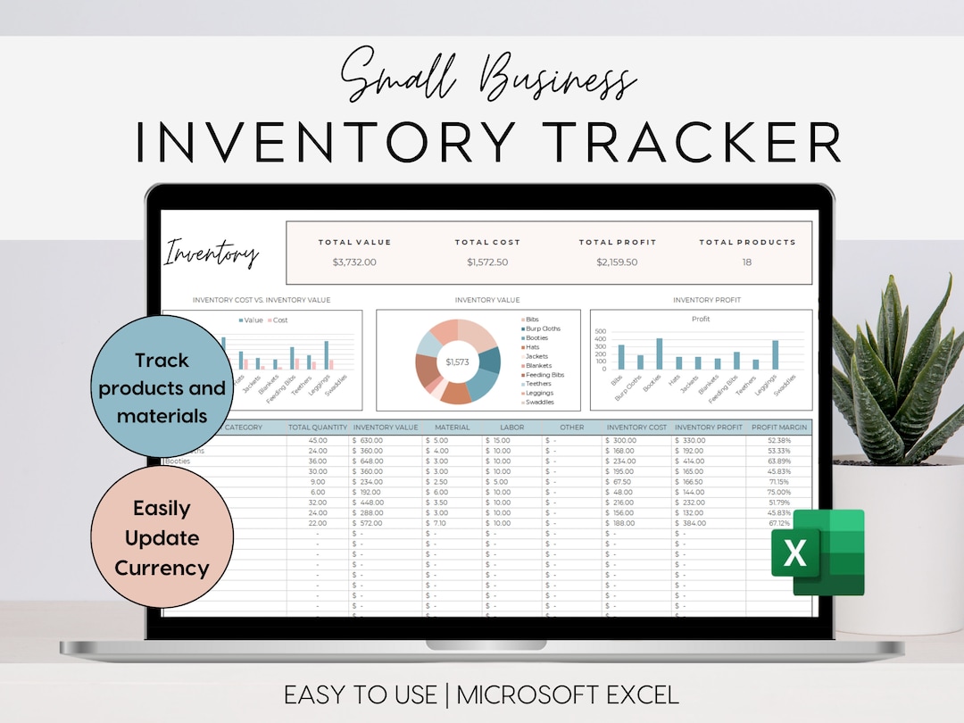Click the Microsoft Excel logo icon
818,553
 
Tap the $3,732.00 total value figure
354,262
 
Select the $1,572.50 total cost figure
487,262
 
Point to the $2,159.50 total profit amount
617,262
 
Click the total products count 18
747,262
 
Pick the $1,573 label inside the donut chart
457,361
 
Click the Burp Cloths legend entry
543,328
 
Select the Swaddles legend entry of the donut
539,403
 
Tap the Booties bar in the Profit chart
660,353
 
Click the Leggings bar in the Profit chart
775,354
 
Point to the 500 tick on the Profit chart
600,330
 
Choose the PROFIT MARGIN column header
779,428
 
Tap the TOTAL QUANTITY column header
319,428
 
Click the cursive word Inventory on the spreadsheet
212,254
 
